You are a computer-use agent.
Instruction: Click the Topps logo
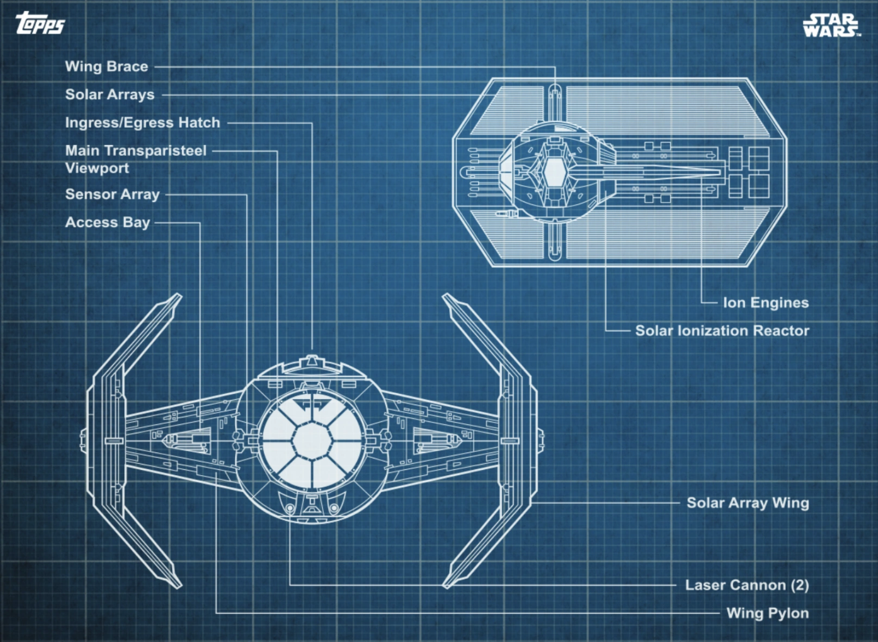click(40, 23)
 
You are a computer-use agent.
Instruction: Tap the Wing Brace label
click(106, 67)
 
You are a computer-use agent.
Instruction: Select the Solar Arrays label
click(110, 95)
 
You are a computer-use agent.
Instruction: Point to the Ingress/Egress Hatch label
click(143, 123)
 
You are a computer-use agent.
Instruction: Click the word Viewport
click(97, 168)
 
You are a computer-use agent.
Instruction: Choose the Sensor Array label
click(112, 194)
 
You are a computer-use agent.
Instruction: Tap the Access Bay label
click(108, 222)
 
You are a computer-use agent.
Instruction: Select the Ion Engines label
click(766, 303)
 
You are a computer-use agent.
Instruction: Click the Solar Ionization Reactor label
click(722, 331)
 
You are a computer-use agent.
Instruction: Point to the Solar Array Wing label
click(748, 503)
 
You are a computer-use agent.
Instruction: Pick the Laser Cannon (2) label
click(747, 585)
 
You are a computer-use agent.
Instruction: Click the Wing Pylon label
click(768, 613)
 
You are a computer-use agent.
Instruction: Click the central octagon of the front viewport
click(312, 440)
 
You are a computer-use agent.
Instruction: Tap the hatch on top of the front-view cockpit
click(312, 364)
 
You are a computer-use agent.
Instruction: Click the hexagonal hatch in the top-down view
click(554, 173)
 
